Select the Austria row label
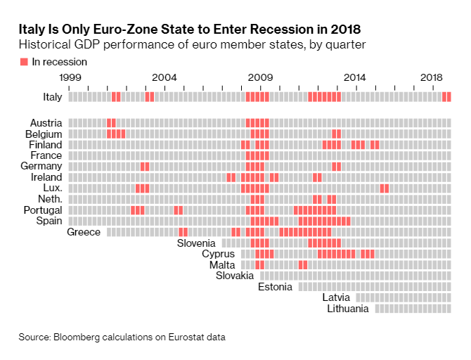(46, 123)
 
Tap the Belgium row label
(44, 134)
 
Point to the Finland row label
(46, 145)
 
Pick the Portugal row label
(43, 210)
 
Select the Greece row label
(84, 232)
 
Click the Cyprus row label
(218, 254)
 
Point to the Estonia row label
(275, 286)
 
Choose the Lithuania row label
(347, 308)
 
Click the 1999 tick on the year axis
(68, 77)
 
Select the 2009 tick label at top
(261, 77)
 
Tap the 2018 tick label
(431, 77)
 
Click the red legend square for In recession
(24, 62)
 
